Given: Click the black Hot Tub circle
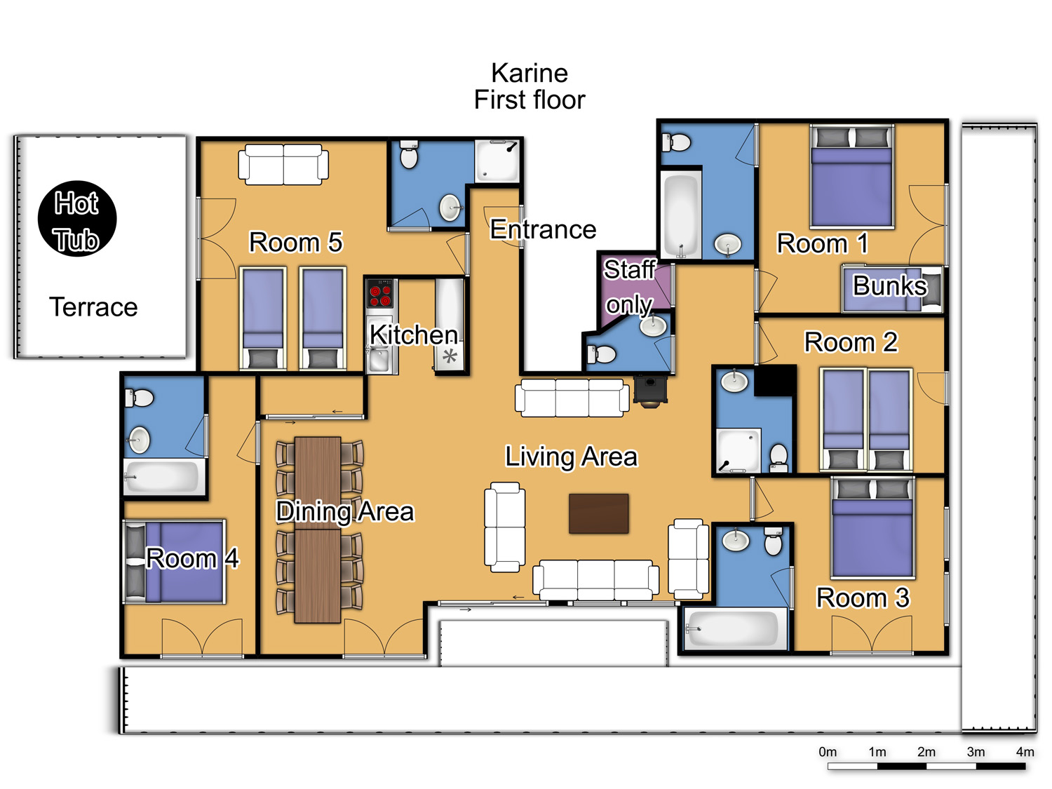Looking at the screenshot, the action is [x=77, y=218].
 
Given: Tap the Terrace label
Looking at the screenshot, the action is [x=93, y=306].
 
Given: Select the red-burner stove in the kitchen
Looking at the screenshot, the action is [x=380, y=293].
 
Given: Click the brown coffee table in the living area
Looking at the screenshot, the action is [x=598, y=513].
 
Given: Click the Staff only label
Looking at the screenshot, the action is [x=629, y=286].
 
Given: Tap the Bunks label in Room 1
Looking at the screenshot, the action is [x=890, y=285].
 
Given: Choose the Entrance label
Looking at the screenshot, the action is [x=543, y=229].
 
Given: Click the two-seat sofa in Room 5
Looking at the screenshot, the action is [x=283, y=164].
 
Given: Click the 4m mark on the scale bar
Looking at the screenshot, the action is [x=1025, y=753].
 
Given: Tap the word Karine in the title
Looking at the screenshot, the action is [x=530, y=74].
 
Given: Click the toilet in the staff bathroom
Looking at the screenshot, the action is [x=602, y=354].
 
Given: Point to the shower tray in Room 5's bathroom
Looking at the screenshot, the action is [x=497, y=161].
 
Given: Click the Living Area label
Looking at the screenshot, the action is [x=572, y=457].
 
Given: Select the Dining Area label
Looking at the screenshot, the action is [x=345, y=511].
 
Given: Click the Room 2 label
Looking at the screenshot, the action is [x=851, y=342].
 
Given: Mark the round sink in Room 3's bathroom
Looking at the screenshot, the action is [x=736, y=540].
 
